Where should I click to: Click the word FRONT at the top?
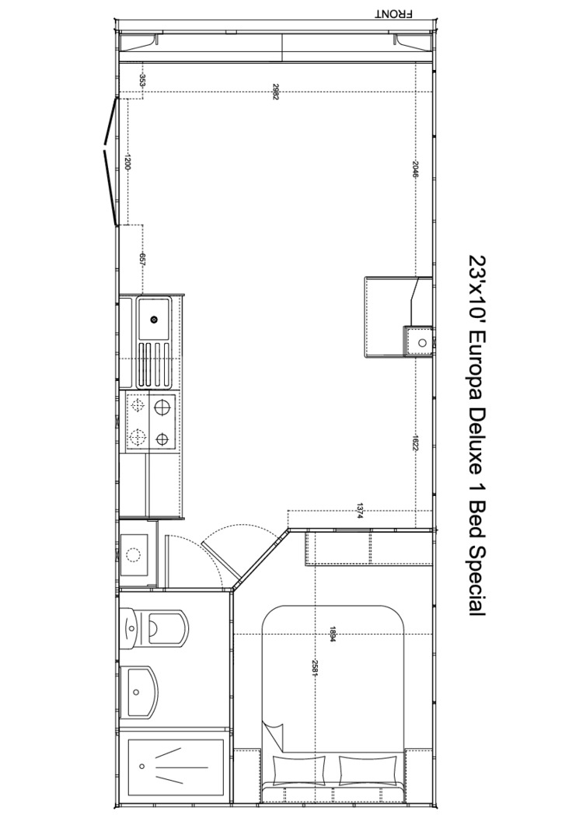393,14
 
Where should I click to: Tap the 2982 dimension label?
274,92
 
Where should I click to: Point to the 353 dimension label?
142,81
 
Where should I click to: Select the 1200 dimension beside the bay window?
127,163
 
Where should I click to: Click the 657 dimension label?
142,260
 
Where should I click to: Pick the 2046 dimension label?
415,170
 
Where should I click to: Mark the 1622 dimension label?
415,442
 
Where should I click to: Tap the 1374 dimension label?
360,511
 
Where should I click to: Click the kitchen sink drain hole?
154,319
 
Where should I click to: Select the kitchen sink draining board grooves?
154,364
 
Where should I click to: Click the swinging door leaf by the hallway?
219,562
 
